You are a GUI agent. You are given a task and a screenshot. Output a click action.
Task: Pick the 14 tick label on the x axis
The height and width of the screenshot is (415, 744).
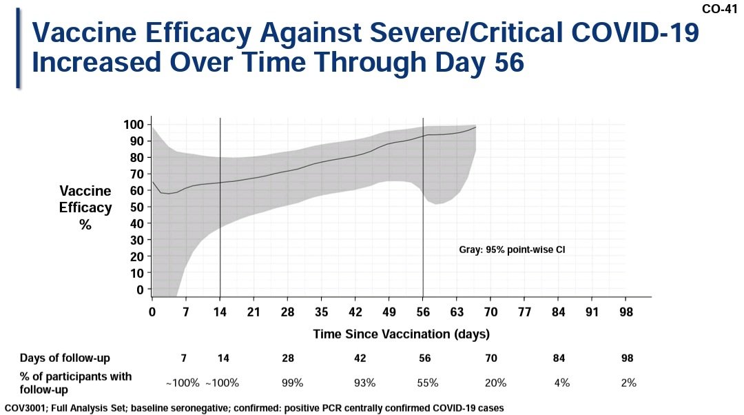tap(220, 312)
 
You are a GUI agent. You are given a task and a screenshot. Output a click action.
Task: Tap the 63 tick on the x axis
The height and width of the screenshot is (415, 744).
tap(457, 312)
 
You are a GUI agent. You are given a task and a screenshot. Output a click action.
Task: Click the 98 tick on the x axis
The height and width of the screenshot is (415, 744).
tap(626, 312)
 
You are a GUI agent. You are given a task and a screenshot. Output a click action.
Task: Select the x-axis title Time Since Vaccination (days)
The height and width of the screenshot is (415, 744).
tap(401, 334)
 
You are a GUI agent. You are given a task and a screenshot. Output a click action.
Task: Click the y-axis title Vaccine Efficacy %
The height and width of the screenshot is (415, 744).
tap(85, 207)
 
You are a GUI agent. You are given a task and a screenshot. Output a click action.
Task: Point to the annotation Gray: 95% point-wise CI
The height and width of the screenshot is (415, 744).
tap(511, 250)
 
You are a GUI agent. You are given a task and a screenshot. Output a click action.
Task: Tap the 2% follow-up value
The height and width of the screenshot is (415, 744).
tap(628, 383)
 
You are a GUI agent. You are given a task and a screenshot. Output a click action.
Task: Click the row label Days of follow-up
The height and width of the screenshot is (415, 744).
tap(65, 358)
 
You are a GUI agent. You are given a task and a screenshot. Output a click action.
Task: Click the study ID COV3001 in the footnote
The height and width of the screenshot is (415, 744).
tap(25, 407)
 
